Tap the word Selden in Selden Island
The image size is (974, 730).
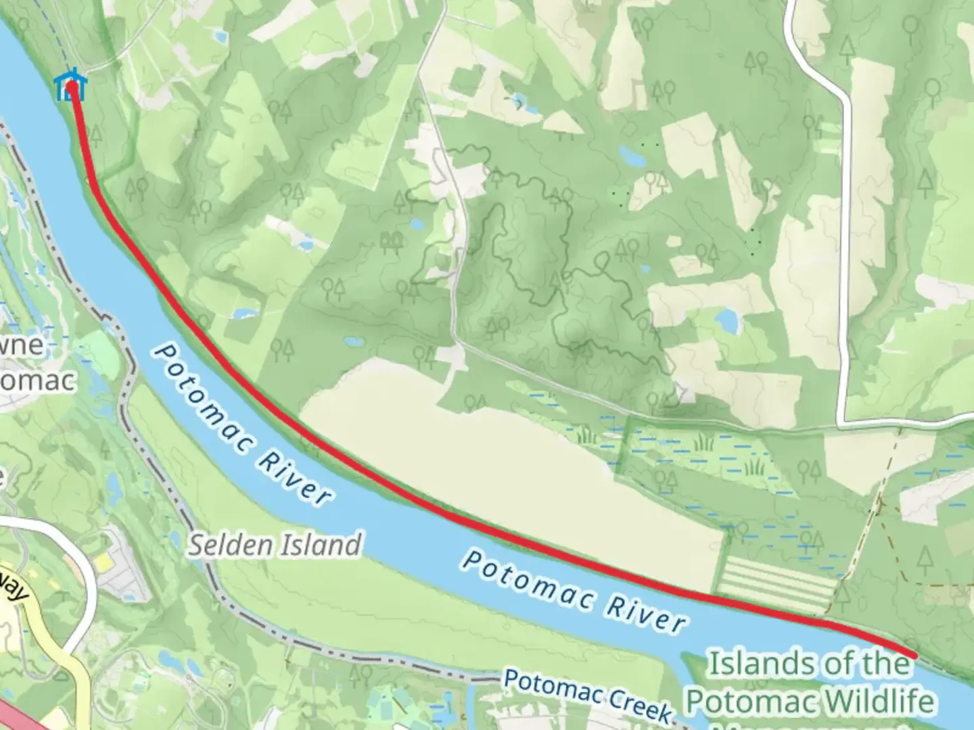click(x=226, y=545)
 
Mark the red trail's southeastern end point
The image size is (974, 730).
click(x=914, y=655)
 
